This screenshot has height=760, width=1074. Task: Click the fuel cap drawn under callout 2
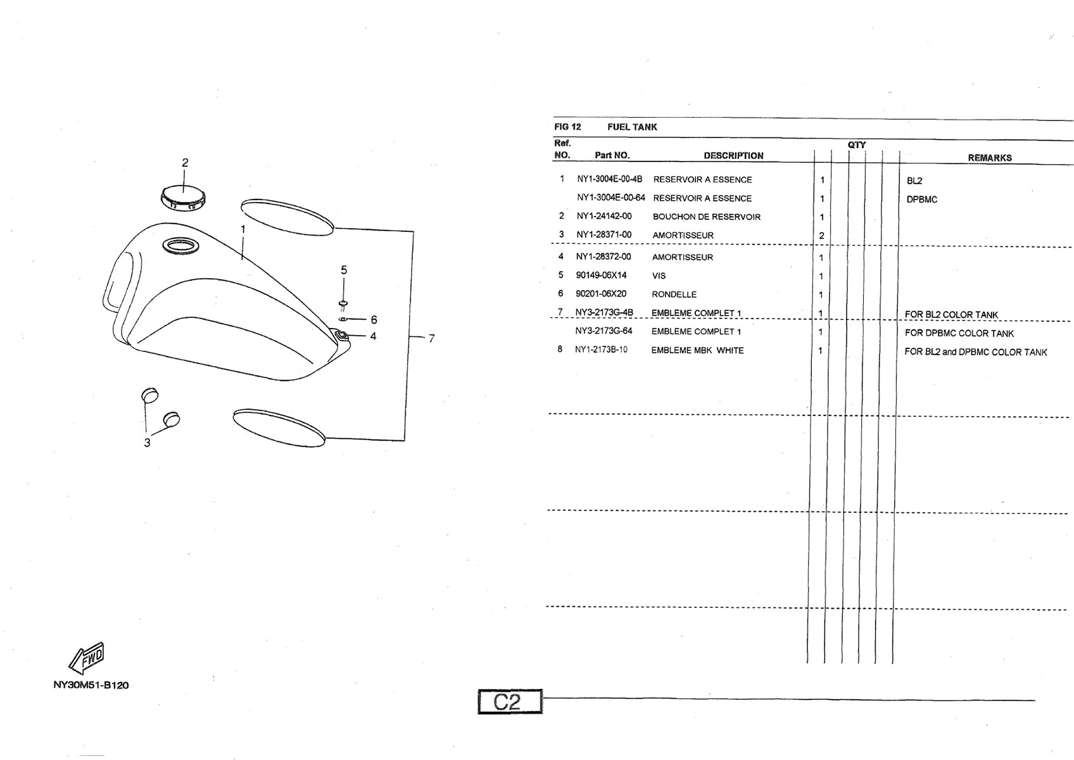click(x=182, y=198)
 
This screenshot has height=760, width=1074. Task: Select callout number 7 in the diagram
click(x=431, y=339)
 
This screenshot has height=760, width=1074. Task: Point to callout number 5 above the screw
click(x=344, y=270)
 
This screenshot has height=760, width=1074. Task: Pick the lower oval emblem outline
click(x=279, y=428)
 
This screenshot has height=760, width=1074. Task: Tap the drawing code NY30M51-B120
click(x=91, y=685)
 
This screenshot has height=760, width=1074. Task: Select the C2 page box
click(x=510, y=702)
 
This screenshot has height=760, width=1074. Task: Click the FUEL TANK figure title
click(x=632, y=127)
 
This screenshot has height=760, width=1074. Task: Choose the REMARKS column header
click(x=990, y=158)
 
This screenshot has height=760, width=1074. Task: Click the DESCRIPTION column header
click(x=733, y=156)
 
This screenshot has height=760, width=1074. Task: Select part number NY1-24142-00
click(x=604, y=216)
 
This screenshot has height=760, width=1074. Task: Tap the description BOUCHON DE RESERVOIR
click(x=707, y=217)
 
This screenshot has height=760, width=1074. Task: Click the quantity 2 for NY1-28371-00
click(x=821, y=236)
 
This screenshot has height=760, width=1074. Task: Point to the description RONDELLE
click(x=674, y=294)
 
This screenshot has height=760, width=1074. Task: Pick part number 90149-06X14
click(x=601, y=275)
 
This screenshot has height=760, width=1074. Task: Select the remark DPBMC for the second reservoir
click(x=921, y=199)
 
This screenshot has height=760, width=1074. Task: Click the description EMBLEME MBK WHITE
click(x=697, y=350)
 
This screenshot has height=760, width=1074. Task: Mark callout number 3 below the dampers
click(x=147, y=443)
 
